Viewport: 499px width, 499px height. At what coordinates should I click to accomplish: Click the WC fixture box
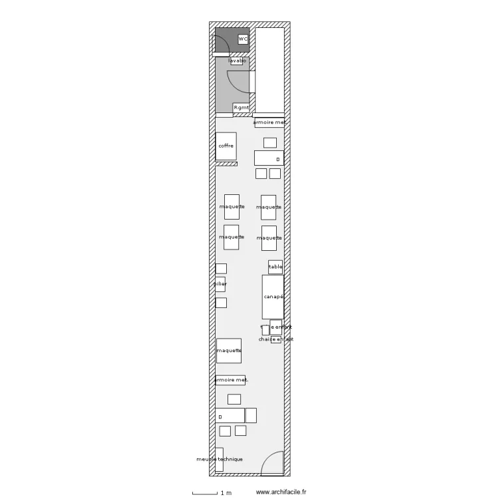243,39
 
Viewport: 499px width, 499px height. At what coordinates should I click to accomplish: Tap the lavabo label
237,61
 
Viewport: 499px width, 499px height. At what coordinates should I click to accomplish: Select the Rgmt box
241,108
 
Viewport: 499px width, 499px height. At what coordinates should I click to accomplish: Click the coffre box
226,146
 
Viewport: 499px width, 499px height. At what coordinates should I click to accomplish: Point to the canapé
273,297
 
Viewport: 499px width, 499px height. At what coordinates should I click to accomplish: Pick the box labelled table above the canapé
275,267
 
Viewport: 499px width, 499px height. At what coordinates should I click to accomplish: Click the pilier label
220,284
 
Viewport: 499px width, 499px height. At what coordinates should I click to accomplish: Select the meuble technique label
220,459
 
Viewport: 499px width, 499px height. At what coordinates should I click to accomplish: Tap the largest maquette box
229,351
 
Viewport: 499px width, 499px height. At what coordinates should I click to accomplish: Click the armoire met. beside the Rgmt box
269,122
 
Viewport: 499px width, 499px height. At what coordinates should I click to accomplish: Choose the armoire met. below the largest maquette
230,380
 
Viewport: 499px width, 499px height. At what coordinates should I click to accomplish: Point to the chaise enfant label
276,339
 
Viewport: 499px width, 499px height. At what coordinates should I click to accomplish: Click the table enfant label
276,327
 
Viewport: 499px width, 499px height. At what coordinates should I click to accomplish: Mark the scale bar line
204,494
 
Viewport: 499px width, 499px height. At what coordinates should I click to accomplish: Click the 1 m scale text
226,493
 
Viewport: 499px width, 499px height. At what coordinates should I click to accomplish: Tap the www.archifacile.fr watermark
281,492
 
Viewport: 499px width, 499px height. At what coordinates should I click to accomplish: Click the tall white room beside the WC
269,70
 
